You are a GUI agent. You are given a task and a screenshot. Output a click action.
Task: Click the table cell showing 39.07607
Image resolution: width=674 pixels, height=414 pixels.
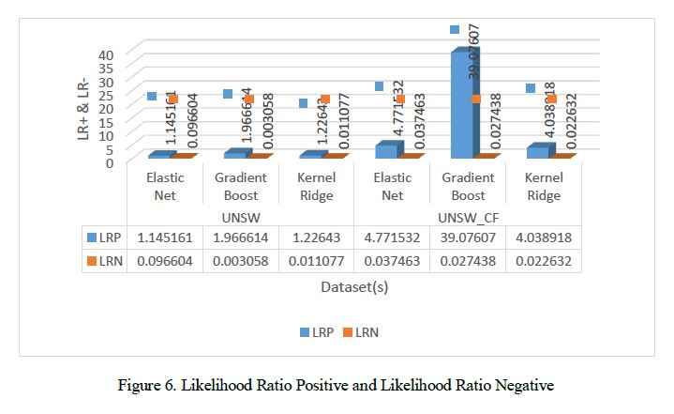pos(468,238)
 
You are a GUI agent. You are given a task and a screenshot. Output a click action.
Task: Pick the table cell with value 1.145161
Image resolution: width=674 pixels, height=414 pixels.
pos(165,238)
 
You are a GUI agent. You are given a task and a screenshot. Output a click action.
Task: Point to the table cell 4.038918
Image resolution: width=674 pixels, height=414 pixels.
pos(543,238)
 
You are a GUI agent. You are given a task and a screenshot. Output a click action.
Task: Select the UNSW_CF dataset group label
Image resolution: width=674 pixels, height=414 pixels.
pos(467,217)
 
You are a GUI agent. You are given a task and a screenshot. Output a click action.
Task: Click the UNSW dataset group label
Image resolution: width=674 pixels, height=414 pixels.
pos(240,217)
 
